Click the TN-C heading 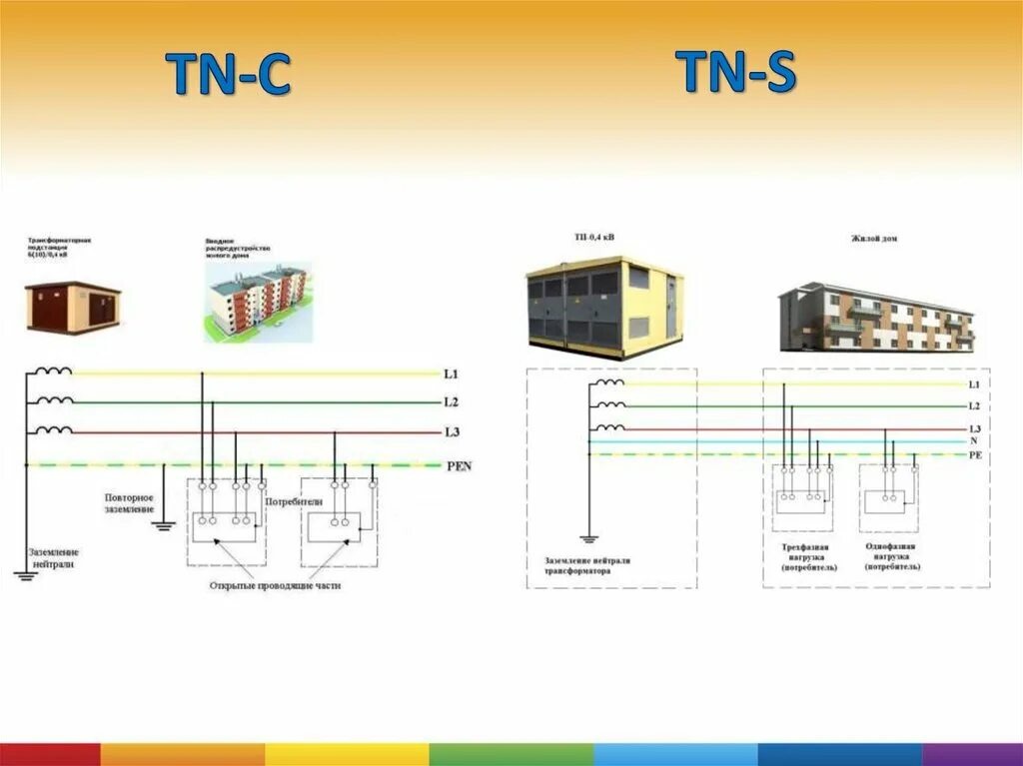click(228, 75)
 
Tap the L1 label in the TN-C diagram click(451, 375)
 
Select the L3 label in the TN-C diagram click(451, 431)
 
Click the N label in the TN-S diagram click(972, 440)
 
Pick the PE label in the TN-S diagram click(974, 454)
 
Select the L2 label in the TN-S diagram click(974, 406)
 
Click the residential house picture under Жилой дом click(876, 318)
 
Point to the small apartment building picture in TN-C click(258, 303)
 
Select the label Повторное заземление click(129, 502)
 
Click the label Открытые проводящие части click(276, 586)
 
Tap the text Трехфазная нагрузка click(810, 557)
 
